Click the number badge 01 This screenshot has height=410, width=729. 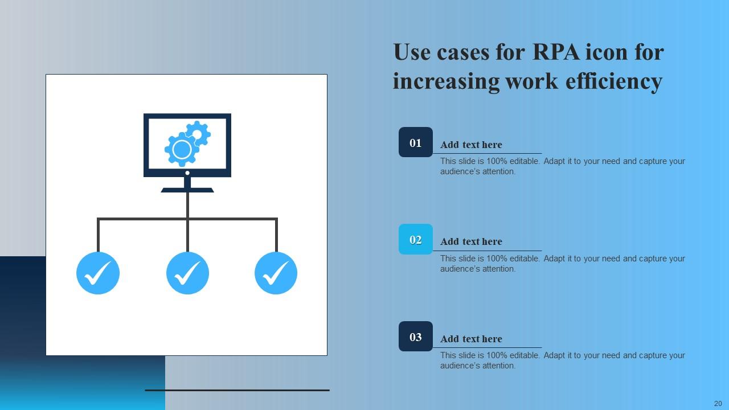416,142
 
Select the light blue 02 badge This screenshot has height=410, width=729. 416,239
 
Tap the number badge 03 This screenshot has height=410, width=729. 416,337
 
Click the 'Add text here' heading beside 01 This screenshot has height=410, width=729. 471,145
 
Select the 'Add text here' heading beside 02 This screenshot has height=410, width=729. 471,241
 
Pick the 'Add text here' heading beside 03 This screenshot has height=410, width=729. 471,339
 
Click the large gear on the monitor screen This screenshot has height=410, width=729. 182,150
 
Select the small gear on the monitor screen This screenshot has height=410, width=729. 198,134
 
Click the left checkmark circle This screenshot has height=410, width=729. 98,273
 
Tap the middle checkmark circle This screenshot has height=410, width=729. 187,273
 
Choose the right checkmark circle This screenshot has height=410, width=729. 276,273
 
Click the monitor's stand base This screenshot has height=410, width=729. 187,190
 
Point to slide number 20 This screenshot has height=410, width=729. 718,403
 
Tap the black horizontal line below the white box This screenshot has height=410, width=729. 237,390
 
